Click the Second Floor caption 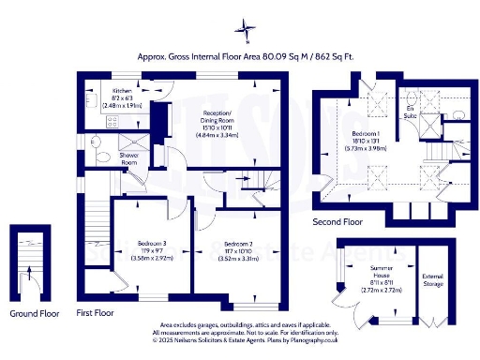337,222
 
